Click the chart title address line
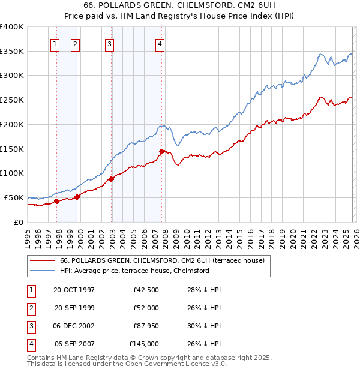[179, 6]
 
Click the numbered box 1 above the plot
[55, 43]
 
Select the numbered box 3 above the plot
[110, 43]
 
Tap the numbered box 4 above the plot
[160, 43]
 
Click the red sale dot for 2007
[161, 151]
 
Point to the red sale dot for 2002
[112, 179]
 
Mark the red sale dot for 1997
[56, 202]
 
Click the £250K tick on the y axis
[12, 100]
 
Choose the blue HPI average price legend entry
[134, 271]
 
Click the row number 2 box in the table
[30, 308]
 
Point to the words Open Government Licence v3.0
[179, 364]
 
